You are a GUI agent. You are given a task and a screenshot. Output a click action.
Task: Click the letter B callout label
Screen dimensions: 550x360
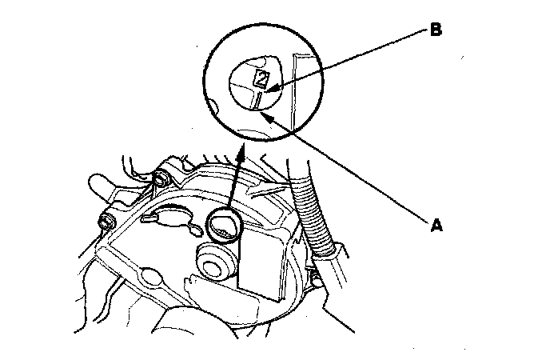436,30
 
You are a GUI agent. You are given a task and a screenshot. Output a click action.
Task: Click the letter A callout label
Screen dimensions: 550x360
436,226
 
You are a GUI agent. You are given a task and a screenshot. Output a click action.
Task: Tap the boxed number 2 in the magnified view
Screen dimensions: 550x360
261,78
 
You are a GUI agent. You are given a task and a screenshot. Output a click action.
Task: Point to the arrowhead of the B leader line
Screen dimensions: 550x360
269,91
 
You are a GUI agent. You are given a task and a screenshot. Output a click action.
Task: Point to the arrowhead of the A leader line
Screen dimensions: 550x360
265,114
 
